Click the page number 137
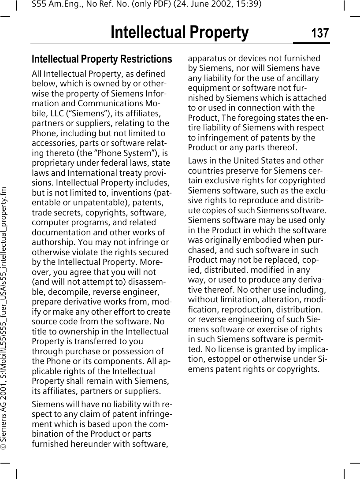tap(320, 33)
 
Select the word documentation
tap(60, 232)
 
